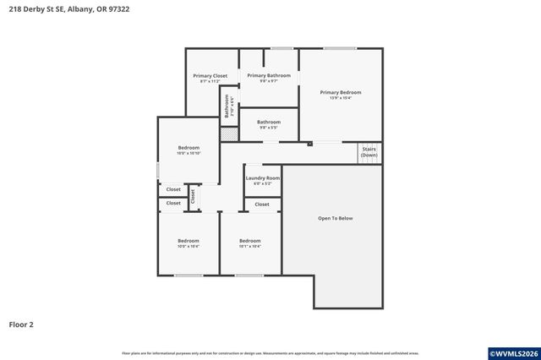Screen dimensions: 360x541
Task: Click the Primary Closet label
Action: pos(210,76)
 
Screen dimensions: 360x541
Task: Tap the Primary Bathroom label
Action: pos(268,75)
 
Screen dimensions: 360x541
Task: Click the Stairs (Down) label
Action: pos(369,152)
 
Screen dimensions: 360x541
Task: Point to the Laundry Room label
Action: pos(262,177)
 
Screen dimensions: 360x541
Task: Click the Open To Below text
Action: pos(335,218)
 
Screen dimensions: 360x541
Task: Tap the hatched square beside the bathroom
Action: pos(227,134)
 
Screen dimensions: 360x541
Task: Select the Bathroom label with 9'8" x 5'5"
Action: pos(268,122)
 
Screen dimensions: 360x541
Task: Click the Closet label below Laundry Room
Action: pos(262,204)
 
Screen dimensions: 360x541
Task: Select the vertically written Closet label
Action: pos(193,195)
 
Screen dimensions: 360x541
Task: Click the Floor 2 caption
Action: pos(21,324)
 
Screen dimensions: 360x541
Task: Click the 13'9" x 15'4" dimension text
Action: pos(340,97)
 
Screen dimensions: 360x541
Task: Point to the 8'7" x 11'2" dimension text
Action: pos(210,81)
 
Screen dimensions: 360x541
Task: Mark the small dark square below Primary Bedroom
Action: pos(310,144)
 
